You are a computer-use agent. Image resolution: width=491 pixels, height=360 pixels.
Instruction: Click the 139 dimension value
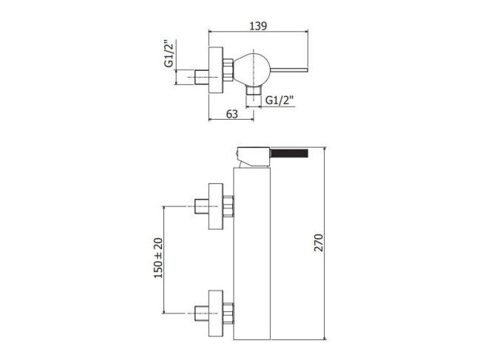click(x=258, y=26)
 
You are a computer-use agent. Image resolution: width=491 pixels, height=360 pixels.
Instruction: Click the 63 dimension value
click(x=232, y=115)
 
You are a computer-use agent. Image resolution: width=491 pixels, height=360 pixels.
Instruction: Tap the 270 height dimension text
click(x=319, y=242)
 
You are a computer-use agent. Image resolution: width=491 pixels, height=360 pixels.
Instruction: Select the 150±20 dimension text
click(x=158, y=258)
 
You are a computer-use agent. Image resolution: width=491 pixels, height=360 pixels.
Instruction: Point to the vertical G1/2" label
click(x=169, y=53)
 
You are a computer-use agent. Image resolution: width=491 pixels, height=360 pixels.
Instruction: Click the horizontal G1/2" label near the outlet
click(x=280, y=101)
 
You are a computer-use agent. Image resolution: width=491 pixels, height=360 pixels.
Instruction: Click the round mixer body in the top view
click(x=252, y=69)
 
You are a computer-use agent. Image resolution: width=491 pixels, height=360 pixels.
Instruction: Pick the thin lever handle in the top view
click(x=289, y=69)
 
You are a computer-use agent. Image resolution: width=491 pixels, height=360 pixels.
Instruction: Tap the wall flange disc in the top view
click(x=216, y=69)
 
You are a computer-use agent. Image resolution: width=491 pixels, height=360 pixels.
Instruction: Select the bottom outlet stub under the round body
click(x=254, y=90)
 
